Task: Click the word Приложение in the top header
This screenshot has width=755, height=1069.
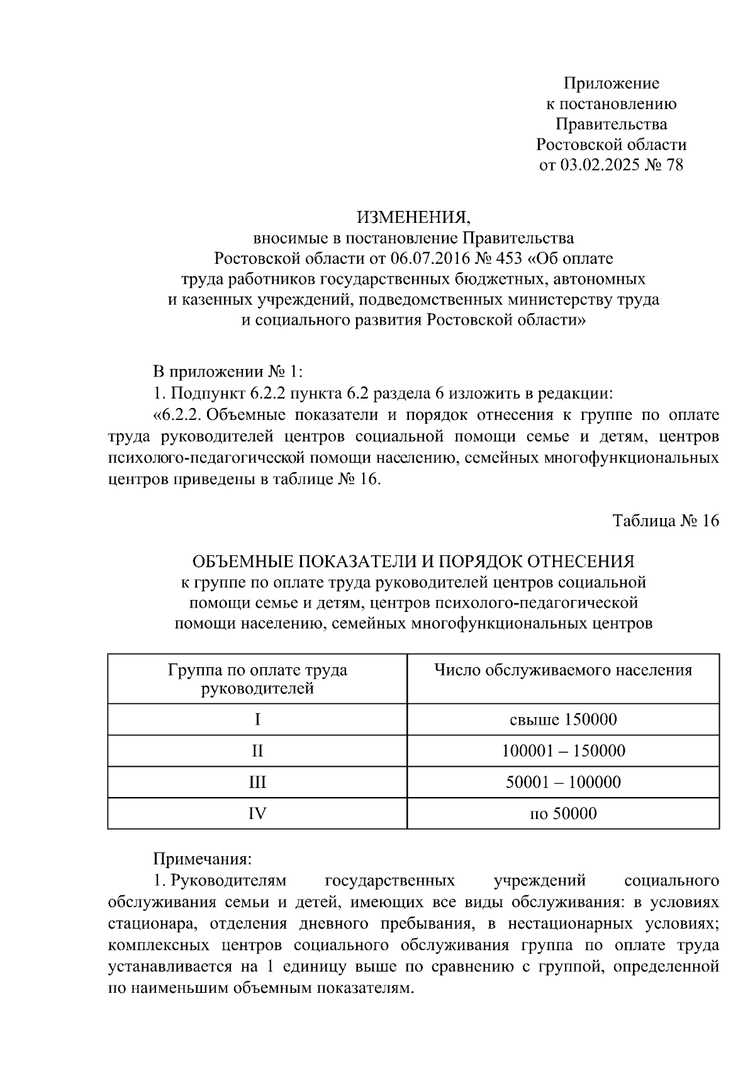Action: (x=611, y=83)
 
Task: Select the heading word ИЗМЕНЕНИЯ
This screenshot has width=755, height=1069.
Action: (x=413, y=218)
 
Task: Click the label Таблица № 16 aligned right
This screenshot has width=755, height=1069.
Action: (x=665, y=521)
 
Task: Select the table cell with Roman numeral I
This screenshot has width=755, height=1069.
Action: (x=257, y=719)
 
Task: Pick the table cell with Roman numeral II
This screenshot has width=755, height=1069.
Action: (x=257, y=750)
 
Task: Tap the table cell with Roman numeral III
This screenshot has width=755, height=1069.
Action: (x=257, y=782)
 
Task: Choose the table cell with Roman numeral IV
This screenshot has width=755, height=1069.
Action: (x=257, y=813)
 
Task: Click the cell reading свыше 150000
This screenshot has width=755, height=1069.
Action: (x=563, y=719)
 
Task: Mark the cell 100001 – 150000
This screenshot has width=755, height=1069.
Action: (x=563, y=750)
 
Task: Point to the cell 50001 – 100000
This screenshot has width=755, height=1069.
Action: (x=563, y=782)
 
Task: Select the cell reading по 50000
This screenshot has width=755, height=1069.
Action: (x=563, y=813)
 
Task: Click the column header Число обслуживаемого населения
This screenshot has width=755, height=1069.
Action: (x=563, y=670)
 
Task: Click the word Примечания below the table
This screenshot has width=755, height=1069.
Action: (x=203, y=859)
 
